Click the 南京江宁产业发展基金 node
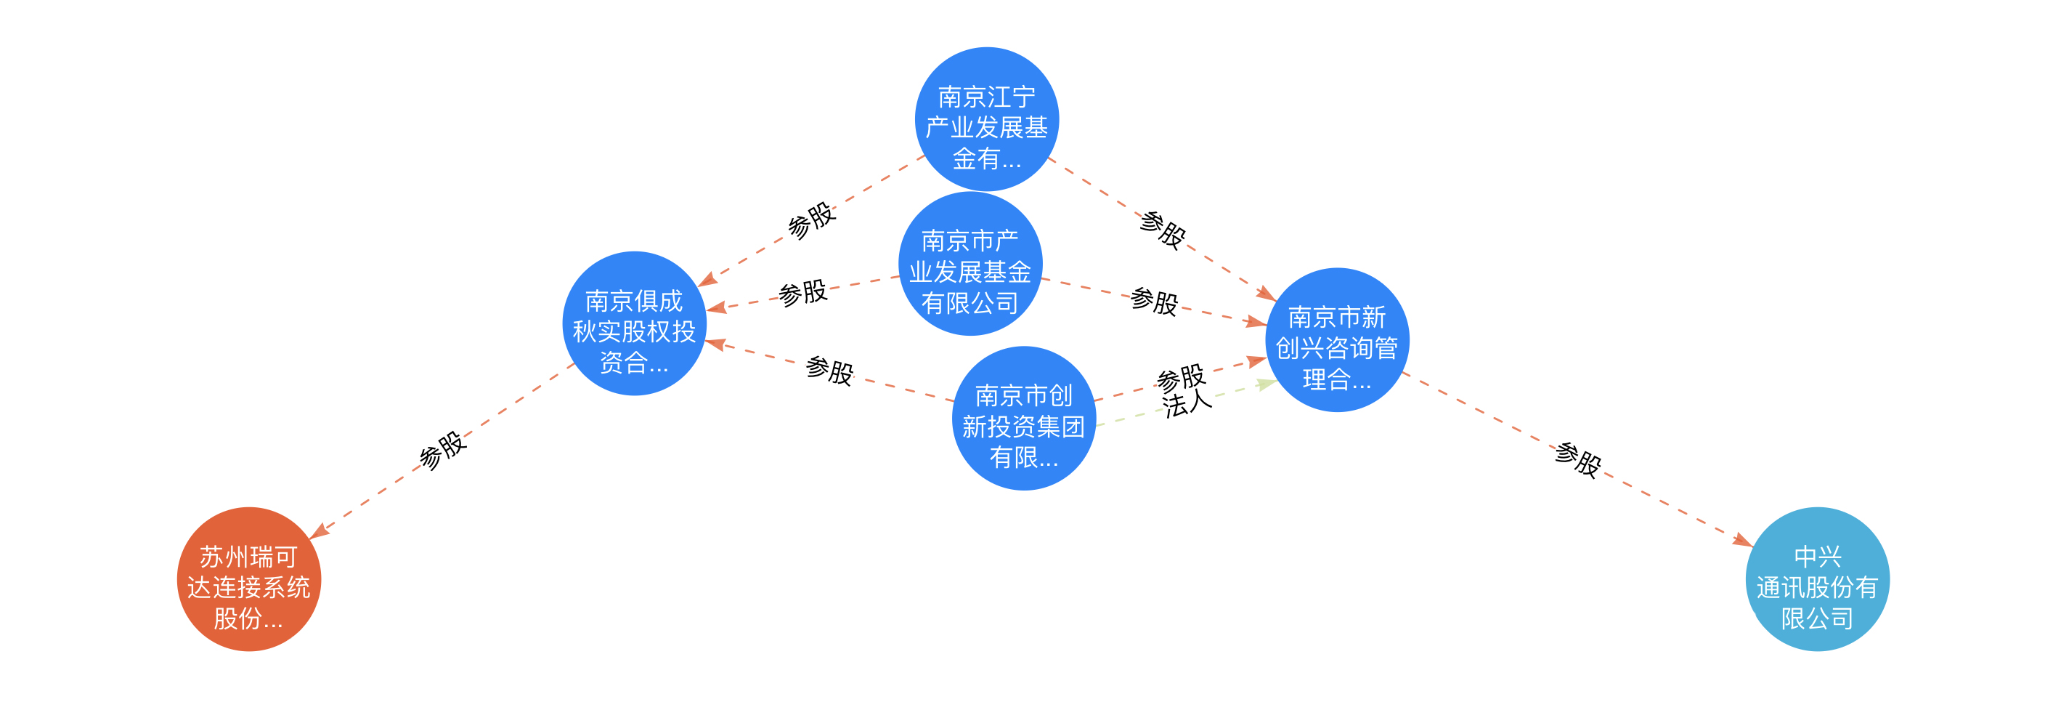tap(986, 119)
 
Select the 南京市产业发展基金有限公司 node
tap(969, 263)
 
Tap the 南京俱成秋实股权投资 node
tap(634, 323)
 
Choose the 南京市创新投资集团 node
tap(1023, 418)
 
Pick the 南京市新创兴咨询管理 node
tap(1336, 340)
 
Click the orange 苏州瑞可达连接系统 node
tap(248, 578)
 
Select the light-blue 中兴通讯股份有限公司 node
tap(1816, 578)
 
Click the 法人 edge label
tap(1187, 404)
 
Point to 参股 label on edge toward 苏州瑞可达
tap(442, 450)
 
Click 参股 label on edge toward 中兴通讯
tap(1578, 459)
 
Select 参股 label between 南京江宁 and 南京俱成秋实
tap(811, 219)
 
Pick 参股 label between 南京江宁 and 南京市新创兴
tap(1163, 230)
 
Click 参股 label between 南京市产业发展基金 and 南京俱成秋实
tap(802, 293)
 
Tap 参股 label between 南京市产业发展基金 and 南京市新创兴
tap(1154, 302)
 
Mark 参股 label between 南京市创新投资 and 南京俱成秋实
tap(829, 370)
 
